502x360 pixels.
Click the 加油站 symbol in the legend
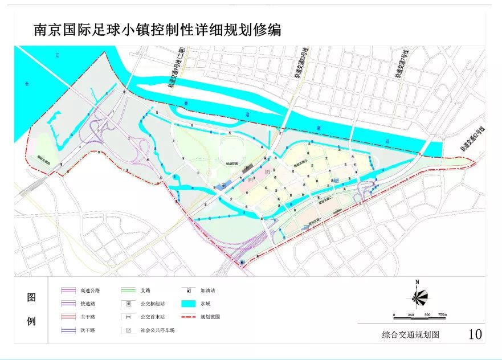(188, 291)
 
